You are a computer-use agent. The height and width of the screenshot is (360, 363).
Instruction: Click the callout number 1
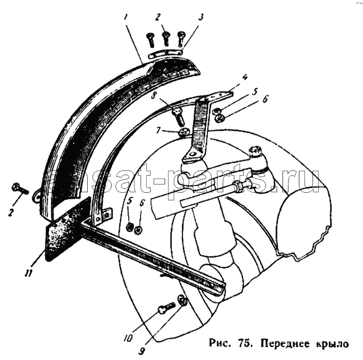coord(125,17)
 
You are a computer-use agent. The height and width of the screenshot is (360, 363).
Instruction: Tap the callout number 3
coord(201,17)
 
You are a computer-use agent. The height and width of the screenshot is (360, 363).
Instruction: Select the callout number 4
coord(244,77)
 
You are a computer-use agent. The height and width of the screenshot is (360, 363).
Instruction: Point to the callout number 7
coord(158,131)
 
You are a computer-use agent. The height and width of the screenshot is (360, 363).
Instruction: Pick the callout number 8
coord(154,95)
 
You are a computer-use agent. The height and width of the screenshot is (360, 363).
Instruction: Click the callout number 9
coord(142,351)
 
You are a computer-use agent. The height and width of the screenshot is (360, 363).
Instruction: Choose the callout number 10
coord(128,338)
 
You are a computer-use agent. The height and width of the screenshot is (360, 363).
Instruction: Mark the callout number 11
coord(29,273)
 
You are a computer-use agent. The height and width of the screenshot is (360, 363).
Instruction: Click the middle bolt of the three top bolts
coord(166,39)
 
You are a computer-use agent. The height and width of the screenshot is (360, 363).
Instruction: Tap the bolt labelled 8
coord(178,117)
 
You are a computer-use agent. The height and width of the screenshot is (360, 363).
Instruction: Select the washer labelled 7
coord(184,133)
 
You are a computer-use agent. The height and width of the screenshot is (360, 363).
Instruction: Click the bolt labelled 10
coord(166,308)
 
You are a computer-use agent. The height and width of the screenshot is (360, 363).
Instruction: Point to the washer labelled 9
coord(183,300)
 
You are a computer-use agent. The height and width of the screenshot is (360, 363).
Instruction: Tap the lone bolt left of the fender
coord(20,188)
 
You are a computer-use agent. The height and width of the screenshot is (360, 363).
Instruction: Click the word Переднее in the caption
coord(285,343)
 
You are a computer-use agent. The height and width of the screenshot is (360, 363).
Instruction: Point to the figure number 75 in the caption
coord(244,343)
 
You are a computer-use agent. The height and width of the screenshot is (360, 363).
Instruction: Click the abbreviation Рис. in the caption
coord(219,343)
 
